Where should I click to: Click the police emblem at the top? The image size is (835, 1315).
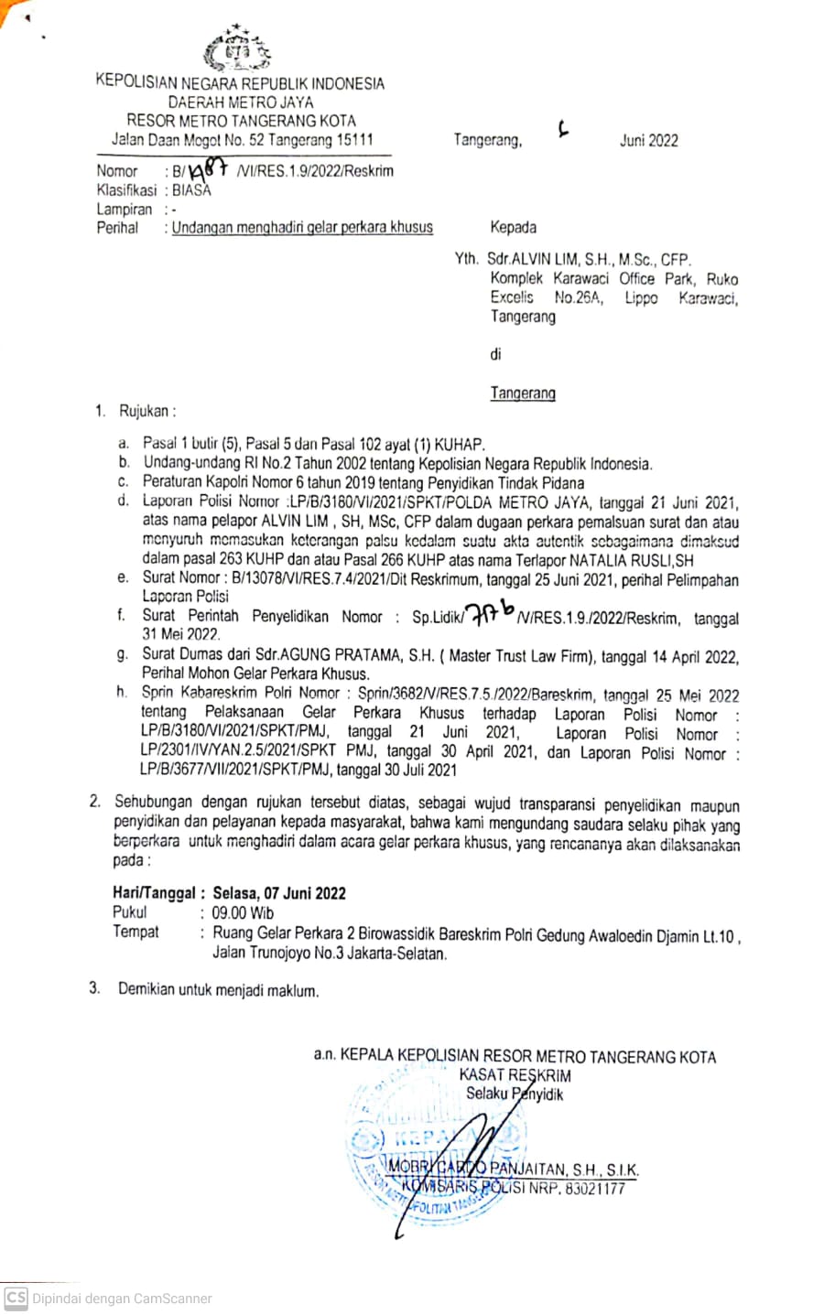tap(236, 51)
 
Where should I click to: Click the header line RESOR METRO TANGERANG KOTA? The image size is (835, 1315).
tap(241, 121)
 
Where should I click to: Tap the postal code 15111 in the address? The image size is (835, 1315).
tap(354, 140)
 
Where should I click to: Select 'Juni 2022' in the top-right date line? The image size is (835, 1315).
tap(648, 140)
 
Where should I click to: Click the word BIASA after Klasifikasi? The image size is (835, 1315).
tap(191, 190)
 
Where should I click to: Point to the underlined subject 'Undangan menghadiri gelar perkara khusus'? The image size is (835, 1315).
tap(302, 227)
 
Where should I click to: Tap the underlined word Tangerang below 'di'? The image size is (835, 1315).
tap(523, 393)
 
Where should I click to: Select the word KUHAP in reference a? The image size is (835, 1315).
tap(460, 444)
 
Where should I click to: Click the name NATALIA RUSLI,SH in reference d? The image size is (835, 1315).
tap(632, 560)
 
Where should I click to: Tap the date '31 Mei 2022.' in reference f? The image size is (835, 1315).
tap(181, 634)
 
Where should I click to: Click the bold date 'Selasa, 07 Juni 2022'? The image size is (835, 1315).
tap(279, 893)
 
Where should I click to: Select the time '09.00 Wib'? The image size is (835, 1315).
tap(243, 912)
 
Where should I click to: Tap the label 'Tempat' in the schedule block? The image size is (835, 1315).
tap(136, 932)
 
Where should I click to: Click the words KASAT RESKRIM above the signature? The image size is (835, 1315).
tap(515, 1075)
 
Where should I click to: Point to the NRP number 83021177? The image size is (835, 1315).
tap(595, 1188)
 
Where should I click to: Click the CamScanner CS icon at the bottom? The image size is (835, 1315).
tap(16, 1298)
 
